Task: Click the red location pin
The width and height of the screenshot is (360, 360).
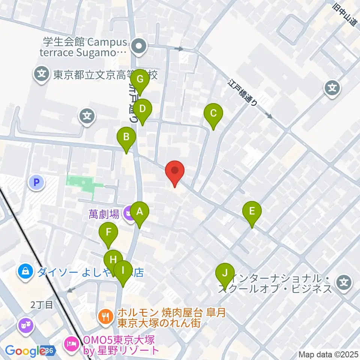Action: (175, 172)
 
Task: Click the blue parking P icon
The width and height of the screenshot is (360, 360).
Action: (36, 183)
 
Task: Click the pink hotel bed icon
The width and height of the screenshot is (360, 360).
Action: (71, 342)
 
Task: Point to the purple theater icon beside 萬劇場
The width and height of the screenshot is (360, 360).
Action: (129, 214)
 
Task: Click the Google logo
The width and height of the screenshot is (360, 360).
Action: (25, 351)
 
